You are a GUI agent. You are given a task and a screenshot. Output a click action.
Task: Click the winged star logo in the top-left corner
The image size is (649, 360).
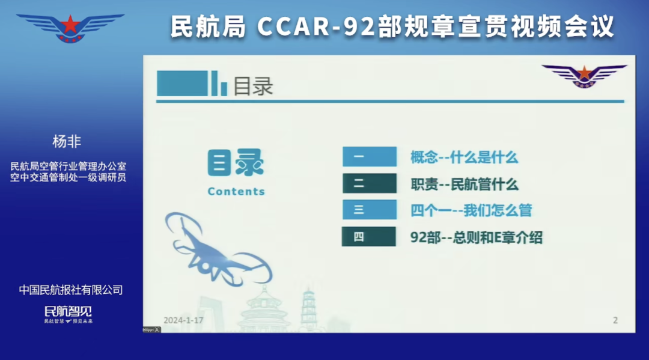pyautogui.click(x=70, y=27)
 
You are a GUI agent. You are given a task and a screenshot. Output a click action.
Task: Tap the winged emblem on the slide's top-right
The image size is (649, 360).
pyautogui.click(x=583, y=76)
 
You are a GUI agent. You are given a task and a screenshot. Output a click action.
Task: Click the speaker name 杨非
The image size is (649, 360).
pyautogui.click(x=67, y=142)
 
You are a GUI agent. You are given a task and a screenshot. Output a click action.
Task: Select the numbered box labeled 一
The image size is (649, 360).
pyautogui.click(x=369, y=157)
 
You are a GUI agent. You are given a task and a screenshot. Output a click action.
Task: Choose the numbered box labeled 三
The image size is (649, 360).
pyautogui.click(x=369, y=210)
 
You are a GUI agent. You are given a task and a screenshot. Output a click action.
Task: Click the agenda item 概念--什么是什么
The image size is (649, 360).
pyautogui.click(x=464, y=157)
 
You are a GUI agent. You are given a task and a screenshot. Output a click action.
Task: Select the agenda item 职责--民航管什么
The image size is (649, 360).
pyautogui.click(x=464, y=184)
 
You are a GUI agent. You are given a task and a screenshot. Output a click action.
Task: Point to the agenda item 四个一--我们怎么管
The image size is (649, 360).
pyautogui.click(x=471, y=210)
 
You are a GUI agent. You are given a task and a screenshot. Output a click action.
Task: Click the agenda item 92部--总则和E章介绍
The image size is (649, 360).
pyautogui.click(x=476, y=237)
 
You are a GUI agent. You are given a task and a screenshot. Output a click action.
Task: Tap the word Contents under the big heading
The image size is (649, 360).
pyautogui.click(x=236, y=192)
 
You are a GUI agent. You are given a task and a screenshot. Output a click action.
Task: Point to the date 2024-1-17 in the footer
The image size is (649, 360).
pyautogui.click(x=183, y=320)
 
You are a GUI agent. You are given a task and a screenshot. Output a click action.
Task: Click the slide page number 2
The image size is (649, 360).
pyautogui.click(x=615, y=320)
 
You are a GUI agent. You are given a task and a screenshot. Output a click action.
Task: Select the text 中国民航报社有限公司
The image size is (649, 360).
pyautogui.click(x=71, y=290)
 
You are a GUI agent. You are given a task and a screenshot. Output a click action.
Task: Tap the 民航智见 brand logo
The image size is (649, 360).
pyautogui.click(x=69, y=312)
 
